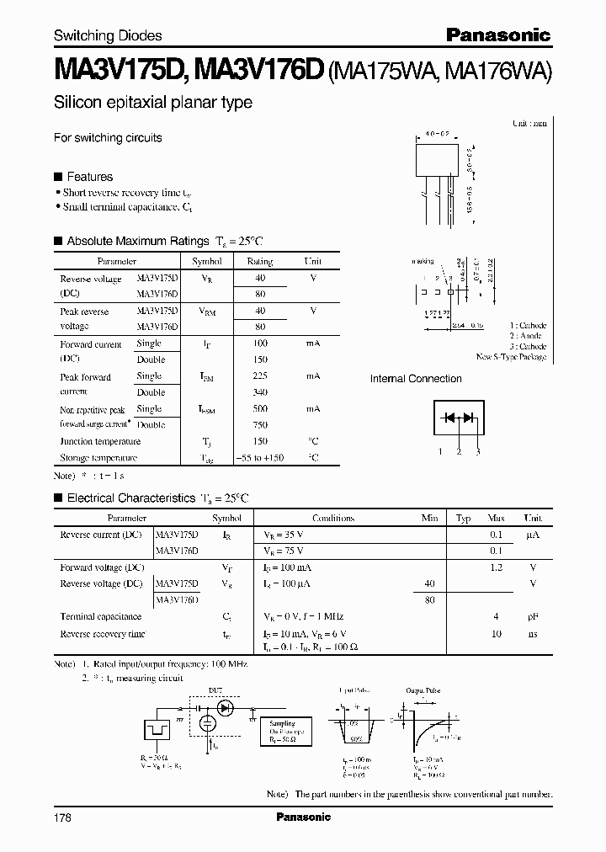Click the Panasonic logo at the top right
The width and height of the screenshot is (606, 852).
pos(497,35)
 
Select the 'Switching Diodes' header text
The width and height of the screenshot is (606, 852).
pos(108,36)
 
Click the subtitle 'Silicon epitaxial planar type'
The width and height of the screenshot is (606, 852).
pos(152,103)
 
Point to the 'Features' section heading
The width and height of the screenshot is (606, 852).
pos(89,177)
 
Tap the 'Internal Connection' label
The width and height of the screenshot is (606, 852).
pos(416,379)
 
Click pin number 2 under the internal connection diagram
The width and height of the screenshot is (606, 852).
pos(459,452)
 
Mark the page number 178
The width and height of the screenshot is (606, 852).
pos(63,817)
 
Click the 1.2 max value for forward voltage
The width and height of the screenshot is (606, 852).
pos(497,567)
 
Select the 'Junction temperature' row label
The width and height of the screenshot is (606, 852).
pos(100,441)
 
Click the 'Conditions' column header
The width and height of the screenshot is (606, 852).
pos(333,519)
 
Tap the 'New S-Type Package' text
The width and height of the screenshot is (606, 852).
pos(511,357)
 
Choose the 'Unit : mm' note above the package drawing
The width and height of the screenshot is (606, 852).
pos(529,123)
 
